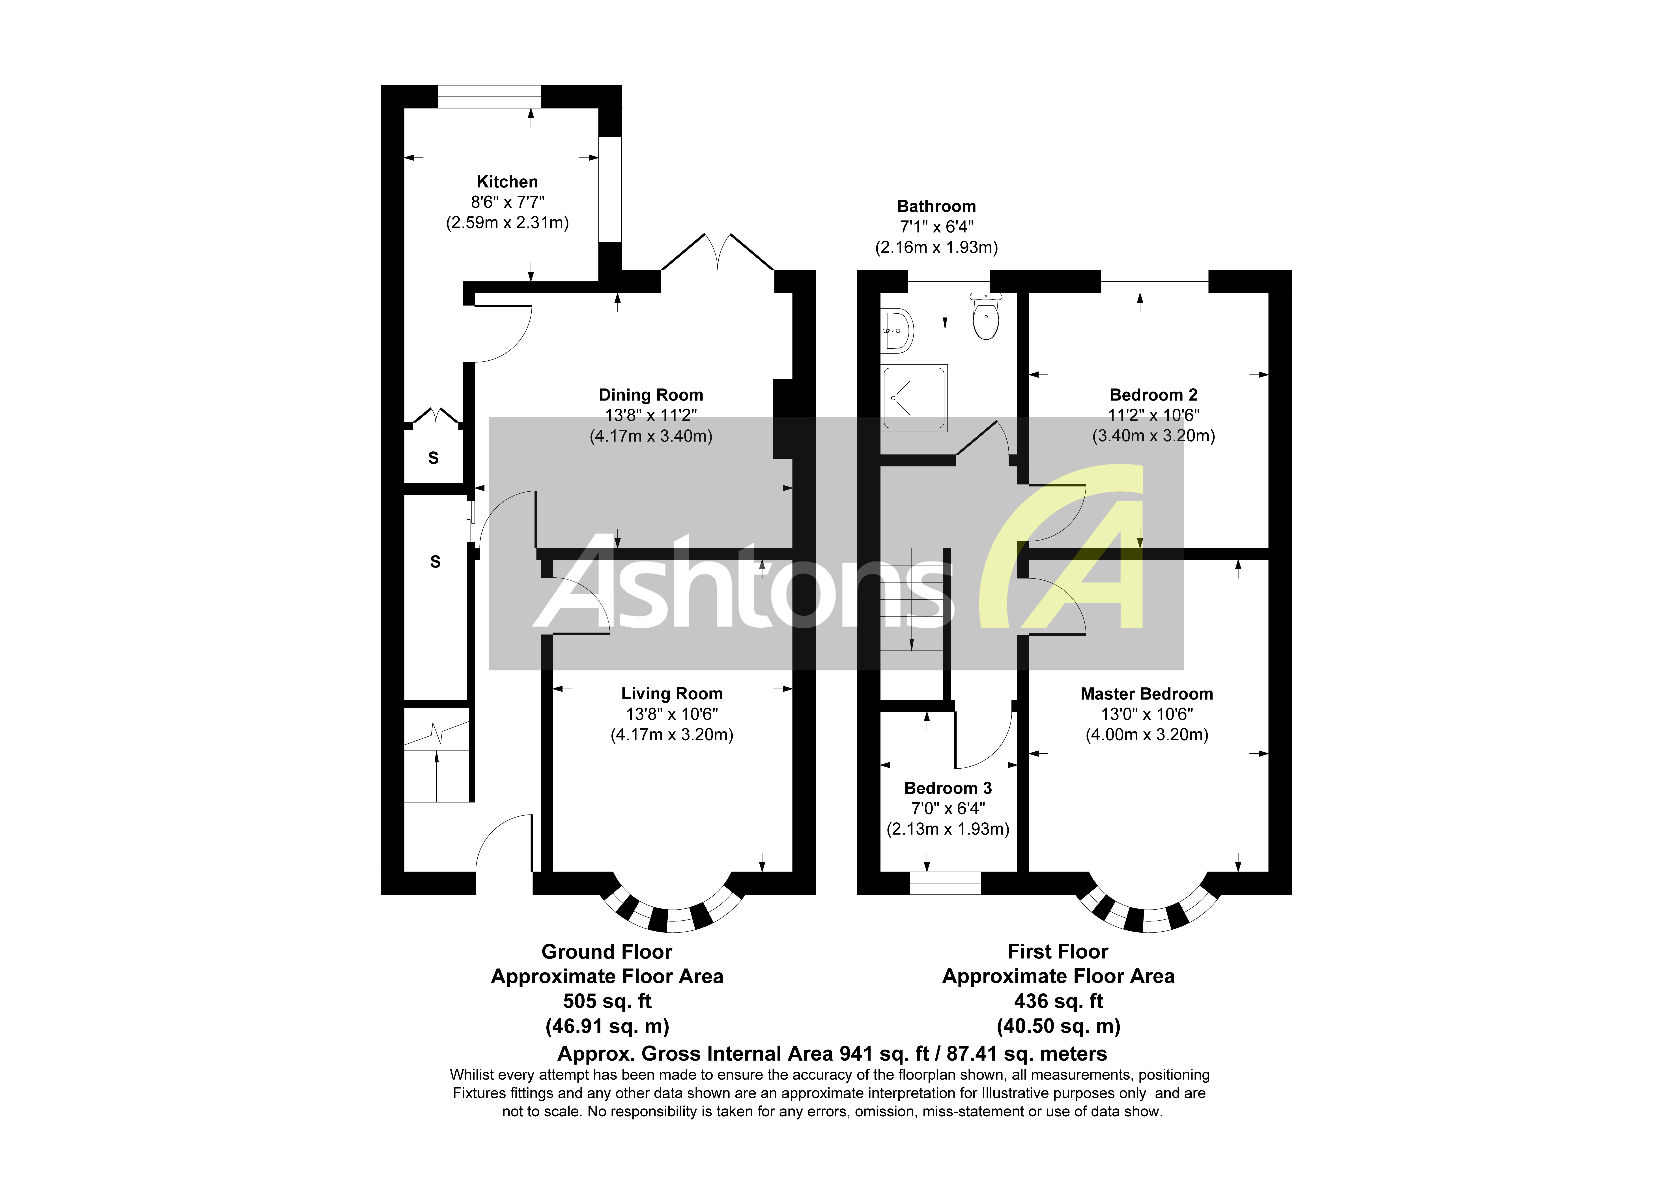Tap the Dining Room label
pos(651,395)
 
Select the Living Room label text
pos(671,694)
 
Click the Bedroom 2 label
pos(1153,395)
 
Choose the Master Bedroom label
pos(1146,694)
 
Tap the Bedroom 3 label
pos(948,788)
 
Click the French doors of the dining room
pos(717,255)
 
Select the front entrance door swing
pos(504,845)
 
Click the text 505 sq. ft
pos(607,1001)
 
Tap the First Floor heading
pos(1058,952)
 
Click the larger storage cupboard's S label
pos(435,561)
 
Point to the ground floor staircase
pos(437,765)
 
